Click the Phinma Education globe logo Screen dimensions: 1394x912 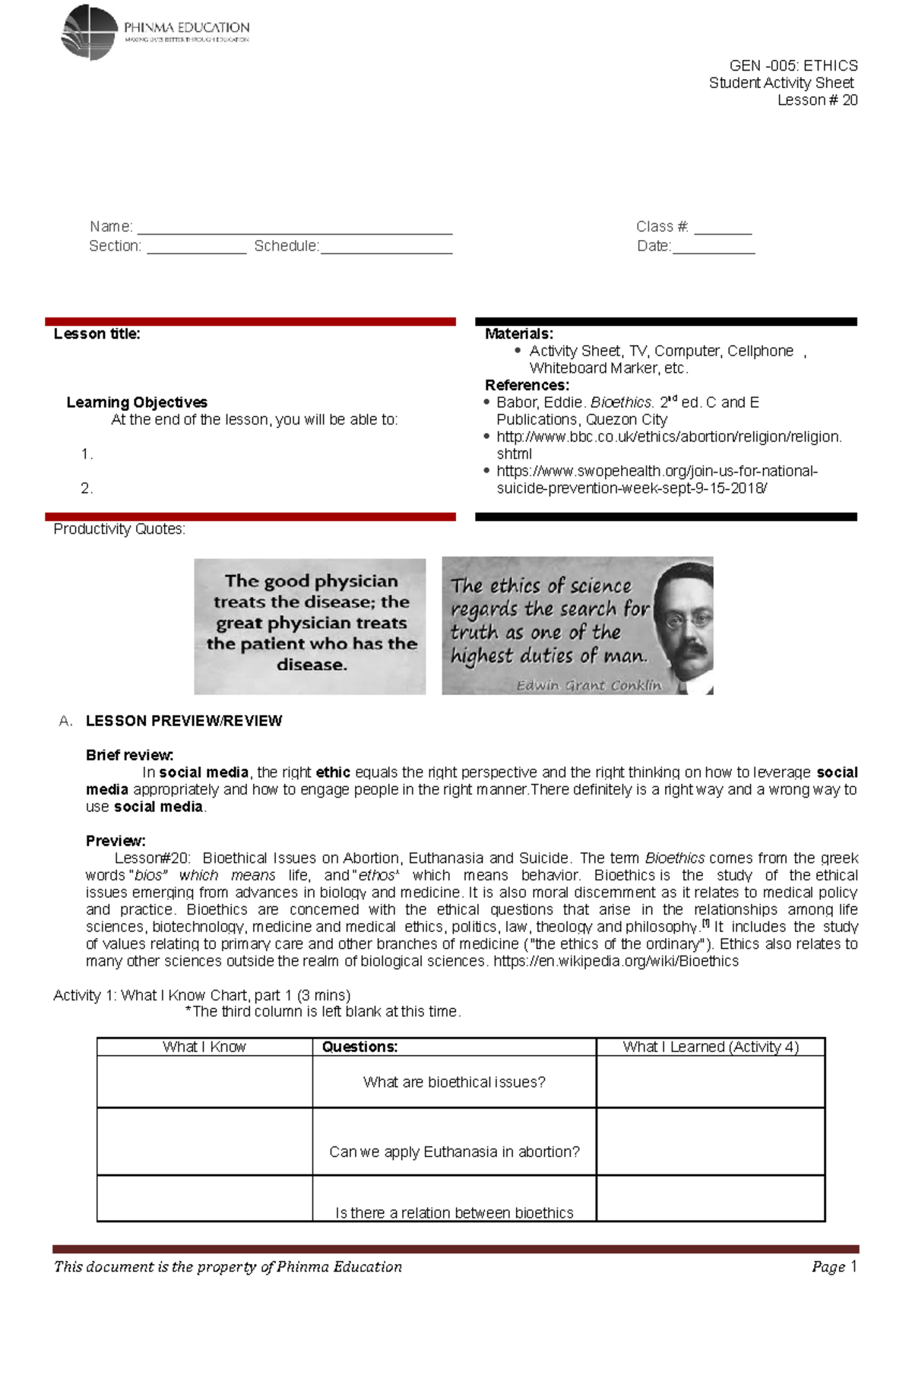[90, 33]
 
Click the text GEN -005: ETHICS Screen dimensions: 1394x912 [793, 65]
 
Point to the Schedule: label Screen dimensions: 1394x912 [287, 246]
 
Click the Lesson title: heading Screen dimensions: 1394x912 [97, 334]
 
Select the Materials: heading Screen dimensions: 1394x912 [519, 334]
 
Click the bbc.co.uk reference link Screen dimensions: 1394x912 [669, 437]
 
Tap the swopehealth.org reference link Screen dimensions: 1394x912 [657, 471]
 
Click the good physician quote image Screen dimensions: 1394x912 [310, 626]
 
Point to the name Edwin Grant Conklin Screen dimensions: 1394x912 [589, 685]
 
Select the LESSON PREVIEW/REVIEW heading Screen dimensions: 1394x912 [184, 721]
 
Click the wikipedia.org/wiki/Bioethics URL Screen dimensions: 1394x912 [616, 961]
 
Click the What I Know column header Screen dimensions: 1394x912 [204, 1047]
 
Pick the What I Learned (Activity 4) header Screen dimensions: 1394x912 [711, 1047]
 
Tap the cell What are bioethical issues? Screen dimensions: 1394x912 [454, 1082]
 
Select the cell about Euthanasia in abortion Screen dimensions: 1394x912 [454, 1152]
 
